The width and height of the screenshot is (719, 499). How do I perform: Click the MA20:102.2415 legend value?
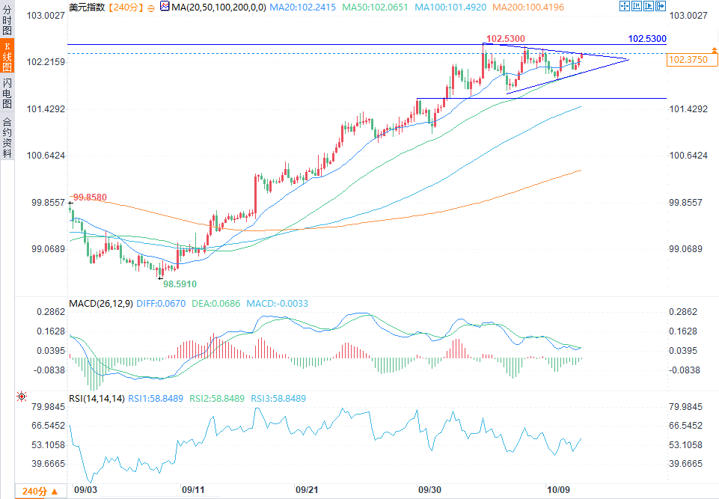click(x=303, y=7)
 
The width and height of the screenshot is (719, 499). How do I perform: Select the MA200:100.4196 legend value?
click(x=528, y=7)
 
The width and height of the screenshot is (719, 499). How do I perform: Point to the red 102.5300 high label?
click(x=505, y=39)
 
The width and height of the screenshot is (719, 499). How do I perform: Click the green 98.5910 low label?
click(x=180, y=284)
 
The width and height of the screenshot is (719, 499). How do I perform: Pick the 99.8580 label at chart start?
click(x=90, y=198)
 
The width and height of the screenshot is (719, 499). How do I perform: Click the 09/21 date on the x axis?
click(x=307, y=489)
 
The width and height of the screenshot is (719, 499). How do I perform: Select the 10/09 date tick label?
click(x=558, y=489)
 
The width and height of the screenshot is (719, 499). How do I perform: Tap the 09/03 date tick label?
click(x=85, y=489)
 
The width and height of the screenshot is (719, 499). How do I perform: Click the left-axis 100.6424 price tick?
click(x=46, y=156)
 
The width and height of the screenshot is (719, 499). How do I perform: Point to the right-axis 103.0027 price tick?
click(x=688, y=16)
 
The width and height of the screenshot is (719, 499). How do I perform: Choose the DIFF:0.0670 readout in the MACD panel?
click(x=161, y=304)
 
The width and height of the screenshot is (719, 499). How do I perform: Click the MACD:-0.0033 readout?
click(x=278, y=304)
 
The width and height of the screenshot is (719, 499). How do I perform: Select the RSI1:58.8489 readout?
click(x=156, y=399)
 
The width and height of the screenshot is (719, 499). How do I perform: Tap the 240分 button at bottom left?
click(x=40, y=492)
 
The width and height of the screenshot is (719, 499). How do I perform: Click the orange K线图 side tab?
click(x=7, y=56)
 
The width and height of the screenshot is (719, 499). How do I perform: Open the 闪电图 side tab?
click(x=7, y=93)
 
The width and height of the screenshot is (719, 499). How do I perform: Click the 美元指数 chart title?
click(x=87, y=7)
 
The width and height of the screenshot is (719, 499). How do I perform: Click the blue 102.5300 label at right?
click(x=647, y=39)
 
